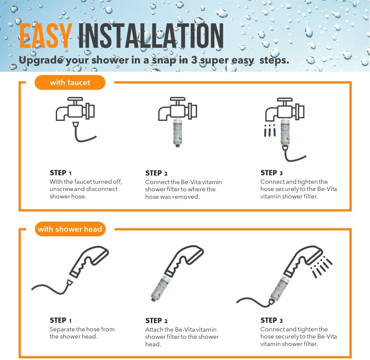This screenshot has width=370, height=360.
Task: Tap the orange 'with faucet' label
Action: coord(70,82)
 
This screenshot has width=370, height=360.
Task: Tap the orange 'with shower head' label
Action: coord(70,229)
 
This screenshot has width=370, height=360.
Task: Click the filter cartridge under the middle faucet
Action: coord(178,133)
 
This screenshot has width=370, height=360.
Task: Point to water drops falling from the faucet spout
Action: coord(270,131)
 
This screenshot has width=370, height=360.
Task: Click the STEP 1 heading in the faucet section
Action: coord(61,173)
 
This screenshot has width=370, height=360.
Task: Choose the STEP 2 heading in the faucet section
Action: coord(156,173)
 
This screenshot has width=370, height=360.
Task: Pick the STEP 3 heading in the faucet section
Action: coord(271,173)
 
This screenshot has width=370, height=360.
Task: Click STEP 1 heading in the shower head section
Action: coord(61,320)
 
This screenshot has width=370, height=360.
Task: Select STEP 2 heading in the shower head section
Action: coord(156,321)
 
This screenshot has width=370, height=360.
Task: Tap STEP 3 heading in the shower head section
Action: coord(271,320)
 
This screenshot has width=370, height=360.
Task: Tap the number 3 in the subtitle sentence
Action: coord(194,60)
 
